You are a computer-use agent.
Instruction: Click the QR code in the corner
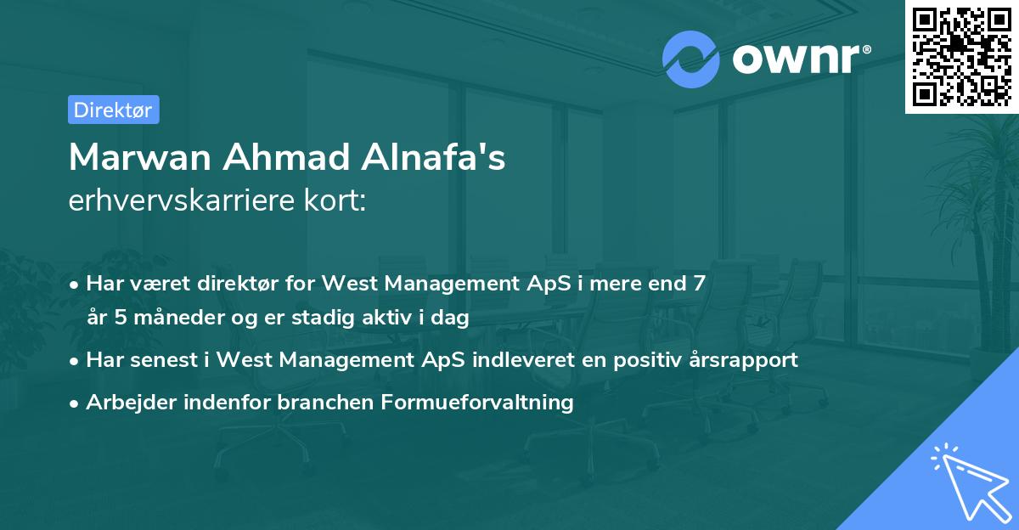click(962, 57)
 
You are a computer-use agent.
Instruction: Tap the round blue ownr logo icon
click(691, 59)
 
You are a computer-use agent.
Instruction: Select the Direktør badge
click(113, 110)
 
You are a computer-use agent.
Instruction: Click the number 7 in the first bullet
click(699, 283)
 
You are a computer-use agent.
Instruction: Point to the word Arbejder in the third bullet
click(124, 402)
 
